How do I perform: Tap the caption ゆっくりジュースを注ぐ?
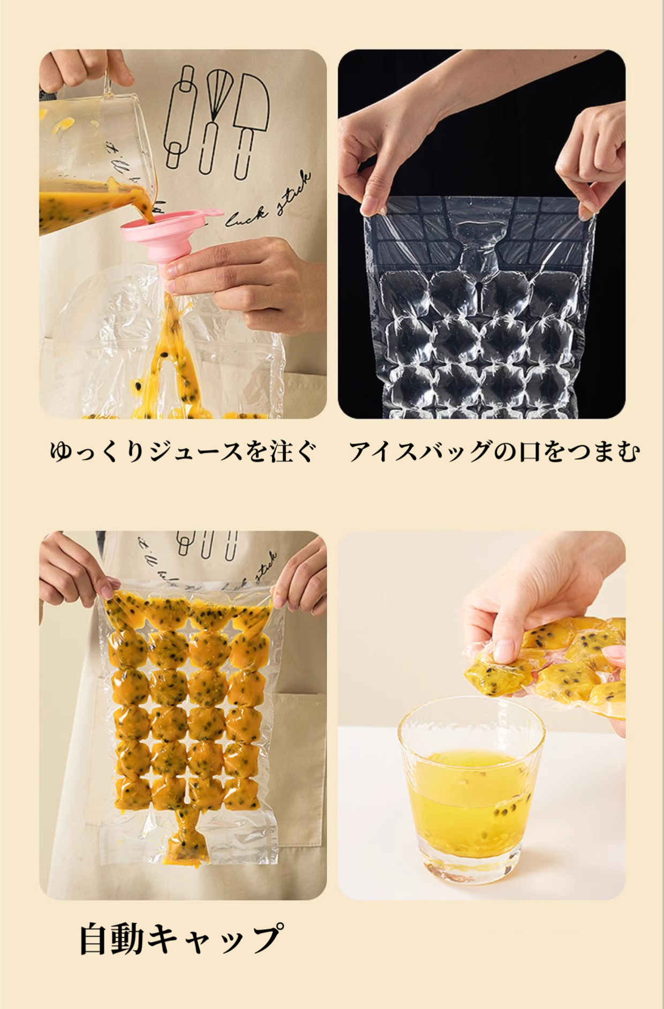182,451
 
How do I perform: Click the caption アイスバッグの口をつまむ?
494,451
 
